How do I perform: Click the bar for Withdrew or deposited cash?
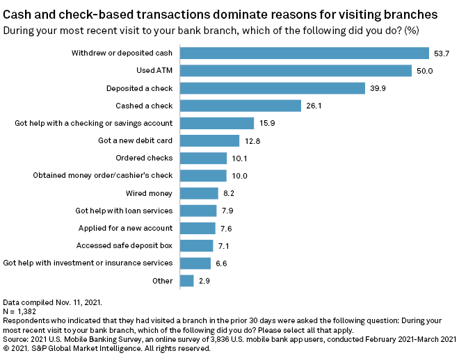coord(305,53)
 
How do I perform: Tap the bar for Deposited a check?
coord(273,88)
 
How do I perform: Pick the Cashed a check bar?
coord(241,106)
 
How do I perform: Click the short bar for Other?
coord(186,281)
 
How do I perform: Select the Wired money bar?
coord(199,193)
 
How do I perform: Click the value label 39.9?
coord(378,88)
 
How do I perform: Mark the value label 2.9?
coord(204,281)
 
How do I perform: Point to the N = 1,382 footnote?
coord(21,312)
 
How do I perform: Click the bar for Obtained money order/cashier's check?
coord(203,176)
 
